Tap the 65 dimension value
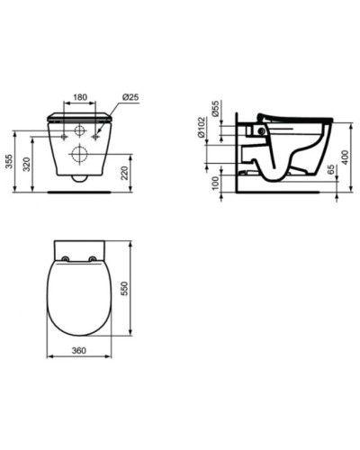tap(333, 172)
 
